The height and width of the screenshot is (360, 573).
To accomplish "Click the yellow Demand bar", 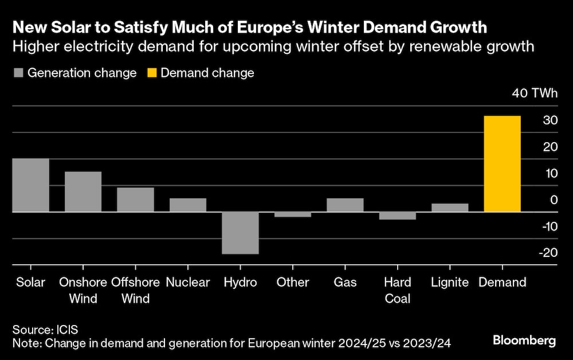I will click(503, 164).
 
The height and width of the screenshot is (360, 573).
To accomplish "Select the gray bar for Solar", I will click(30, 185).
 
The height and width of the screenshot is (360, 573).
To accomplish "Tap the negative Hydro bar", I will click(241, 233).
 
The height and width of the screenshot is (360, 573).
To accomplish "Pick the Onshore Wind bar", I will click(83, 192).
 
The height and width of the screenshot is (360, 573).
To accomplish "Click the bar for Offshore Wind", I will click(136, 199).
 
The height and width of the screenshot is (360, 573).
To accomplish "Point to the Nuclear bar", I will click(188, 205).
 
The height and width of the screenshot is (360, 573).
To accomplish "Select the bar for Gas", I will click(345, 205).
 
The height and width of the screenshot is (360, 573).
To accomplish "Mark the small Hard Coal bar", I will click(398, 216).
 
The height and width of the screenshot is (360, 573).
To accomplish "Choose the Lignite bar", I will click(450, 208).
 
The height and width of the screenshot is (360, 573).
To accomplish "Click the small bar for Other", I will click(293, 214).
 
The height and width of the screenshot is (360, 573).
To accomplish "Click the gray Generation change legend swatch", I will click(18, 73).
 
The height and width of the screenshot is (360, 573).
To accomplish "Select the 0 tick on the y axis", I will click(554, 200).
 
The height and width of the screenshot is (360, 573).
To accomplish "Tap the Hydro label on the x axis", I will click(240, 282).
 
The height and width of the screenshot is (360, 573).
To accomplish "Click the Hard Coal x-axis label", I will click(398, 290).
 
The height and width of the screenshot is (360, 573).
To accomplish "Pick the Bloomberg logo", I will click(524, 341).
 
